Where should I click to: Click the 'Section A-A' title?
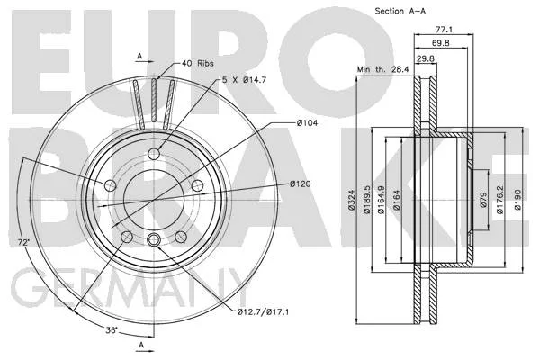400,11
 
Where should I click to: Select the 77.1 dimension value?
444,30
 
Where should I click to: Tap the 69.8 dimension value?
441,43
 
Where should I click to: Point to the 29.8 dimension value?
426,58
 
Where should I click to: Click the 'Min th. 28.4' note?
383,69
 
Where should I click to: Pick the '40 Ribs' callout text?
198,63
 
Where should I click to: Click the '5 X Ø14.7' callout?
244,80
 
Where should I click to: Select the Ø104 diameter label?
307,122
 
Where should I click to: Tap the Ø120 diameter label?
300,184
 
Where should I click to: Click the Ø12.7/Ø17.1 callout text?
263,312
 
